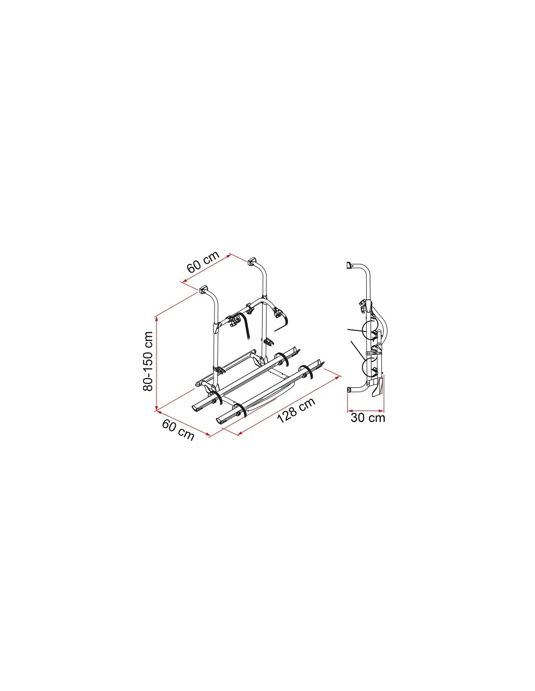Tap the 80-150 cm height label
(148, 361)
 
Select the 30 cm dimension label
(368, 418)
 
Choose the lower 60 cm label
(178, 430)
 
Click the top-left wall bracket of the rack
(203, 290)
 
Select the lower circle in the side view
(372, 367)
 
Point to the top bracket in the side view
(349, 265)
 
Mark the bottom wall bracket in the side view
(349, 390)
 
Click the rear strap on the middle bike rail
(282, 359)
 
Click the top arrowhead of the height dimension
(156, 319)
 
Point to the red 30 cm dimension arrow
(366, 410)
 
